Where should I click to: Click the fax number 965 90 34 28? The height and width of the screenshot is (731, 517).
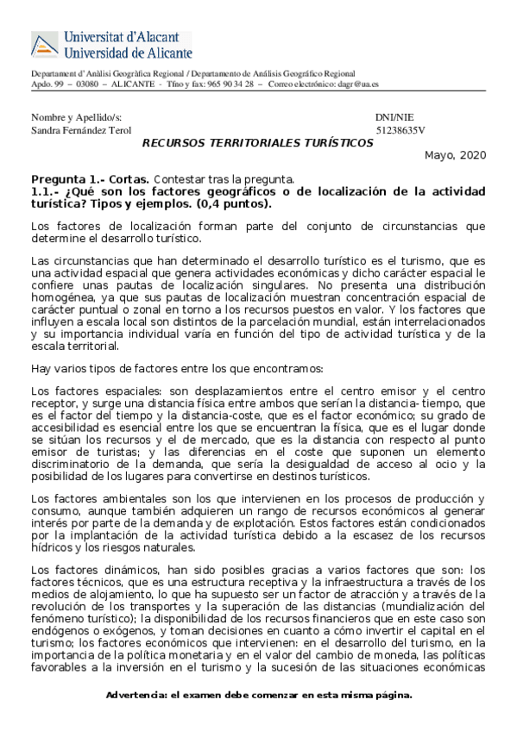(x=225, y=84)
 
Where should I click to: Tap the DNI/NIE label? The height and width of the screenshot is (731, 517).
(x=395, y=116)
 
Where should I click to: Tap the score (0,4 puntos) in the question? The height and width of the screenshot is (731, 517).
(x=234, y=204)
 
